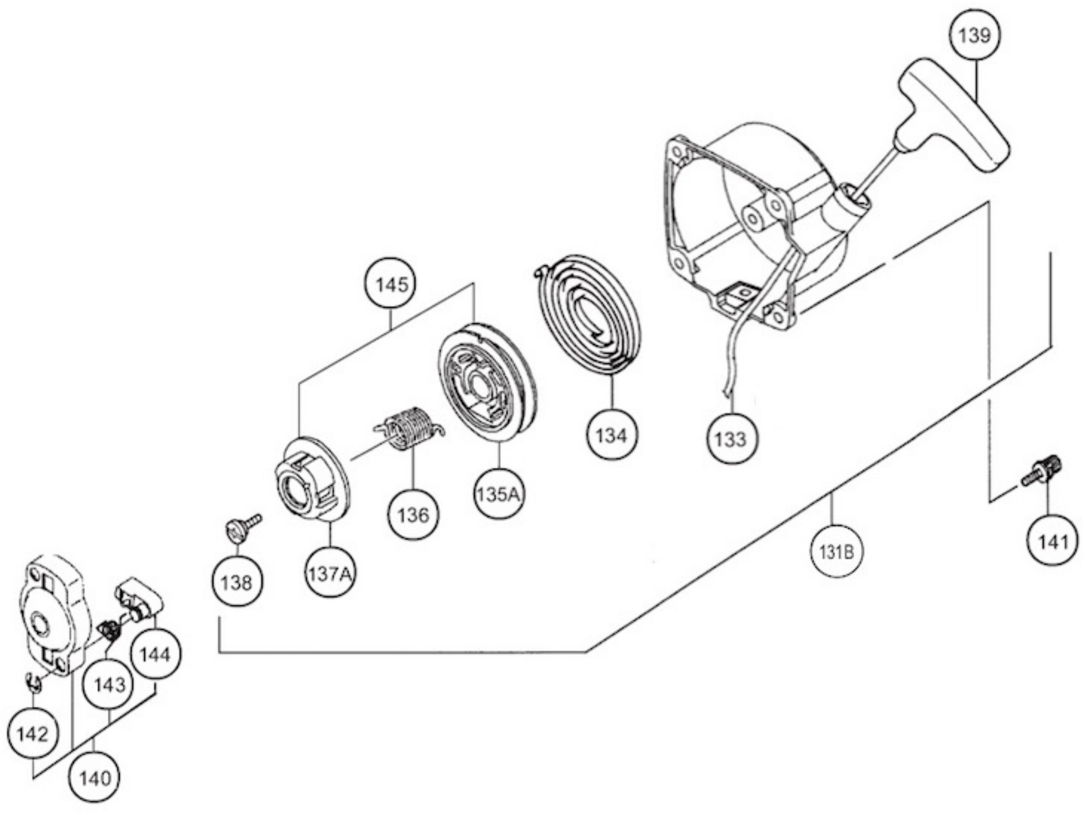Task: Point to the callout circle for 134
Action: [612, 435]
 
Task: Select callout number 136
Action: [413, 515]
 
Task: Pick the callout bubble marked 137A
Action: [331, 573]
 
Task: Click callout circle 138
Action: [237, 582]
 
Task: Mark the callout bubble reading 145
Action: [391, 284]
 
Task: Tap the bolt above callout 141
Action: [1042, 471]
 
